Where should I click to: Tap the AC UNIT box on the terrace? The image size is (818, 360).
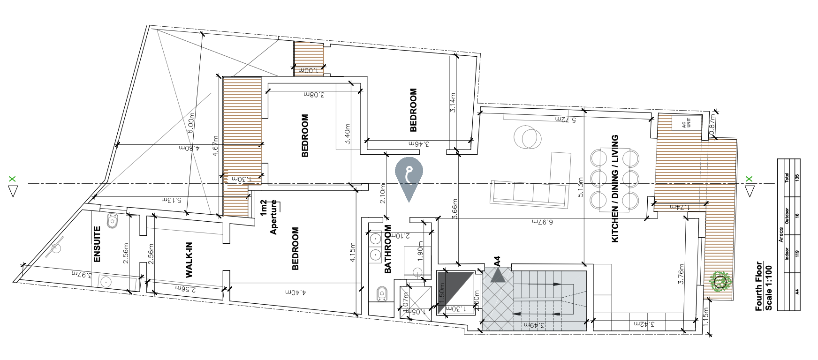point(686,123)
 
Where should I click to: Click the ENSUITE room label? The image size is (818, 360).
point(98,244)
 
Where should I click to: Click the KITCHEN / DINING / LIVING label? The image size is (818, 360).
point(615,189)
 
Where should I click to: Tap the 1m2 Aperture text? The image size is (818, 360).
point(269,217)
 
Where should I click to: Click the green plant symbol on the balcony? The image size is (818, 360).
point(720,282)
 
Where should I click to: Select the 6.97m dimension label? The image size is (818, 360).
point(542,221)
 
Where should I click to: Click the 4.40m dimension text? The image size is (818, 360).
point(295,292)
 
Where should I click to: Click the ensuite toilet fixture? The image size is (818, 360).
point(112,221)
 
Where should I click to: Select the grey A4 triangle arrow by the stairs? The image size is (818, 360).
point(498,275)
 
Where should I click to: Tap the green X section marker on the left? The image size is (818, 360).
point(13,179)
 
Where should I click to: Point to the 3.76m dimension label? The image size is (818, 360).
point(682,274)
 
